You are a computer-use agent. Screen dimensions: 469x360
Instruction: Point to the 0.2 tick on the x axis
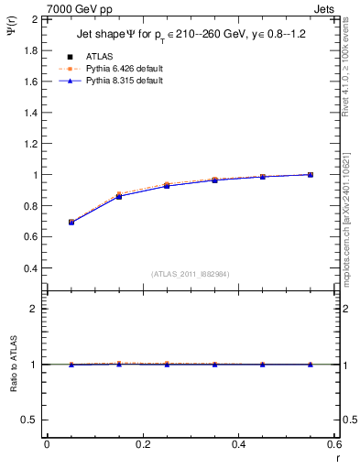[143, 444]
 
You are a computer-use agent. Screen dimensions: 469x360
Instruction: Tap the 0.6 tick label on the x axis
[334, 444]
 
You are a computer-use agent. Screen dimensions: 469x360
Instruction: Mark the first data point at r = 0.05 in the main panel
[71, 223]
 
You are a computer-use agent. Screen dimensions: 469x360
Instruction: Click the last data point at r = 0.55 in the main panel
[311, 174]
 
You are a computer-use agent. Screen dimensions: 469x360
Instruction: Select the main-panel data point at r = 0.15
[119, 196]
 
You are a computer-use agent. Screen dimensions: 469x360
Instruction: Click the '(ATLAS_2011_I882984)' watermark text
[190, 274]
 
